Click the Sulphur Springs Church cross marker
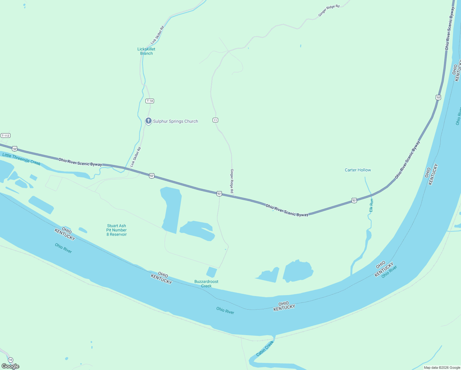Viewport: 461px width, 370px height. point(148,121)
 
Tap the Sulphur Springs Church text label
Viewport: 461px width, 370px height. point(175,121)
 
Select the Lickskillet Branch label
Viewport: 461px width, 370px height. point(146,51)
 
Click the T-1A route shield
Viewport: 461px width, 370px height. point(150,101)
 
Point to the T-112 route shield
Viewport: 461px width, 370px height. point(6,136)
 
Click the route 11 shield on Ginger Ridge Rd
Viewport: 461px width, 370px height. point(215,120)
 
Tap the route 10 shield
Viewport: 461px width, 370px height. point(11,360)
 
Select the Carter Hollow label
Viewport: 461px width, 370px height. point(358,170)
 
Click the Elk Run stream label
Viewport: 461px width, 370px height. point(371,205)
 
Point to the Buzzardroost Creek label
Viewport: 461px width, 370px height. point(206,284)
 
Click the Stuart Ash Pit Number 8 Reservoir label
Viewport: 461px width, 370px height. point(116,230)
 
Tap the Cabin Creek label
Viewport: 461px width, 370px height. point(265,348)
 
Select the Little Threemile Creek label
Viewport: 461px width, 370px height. point(21,159)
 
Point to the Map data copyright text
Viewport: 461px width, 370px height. point(442,368)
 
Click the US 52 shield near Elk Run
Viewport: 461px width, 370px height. point(354,201)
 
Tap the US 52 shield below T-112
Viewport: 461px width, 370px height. point(14,149)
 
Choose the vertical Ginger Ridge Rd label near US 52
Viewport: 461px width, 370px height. point(232,181)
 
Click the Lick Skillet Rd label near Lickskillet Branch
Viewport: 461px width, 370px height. point(157,35)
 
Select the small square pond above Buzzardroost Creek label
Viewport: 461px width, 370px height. point(211,272)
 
